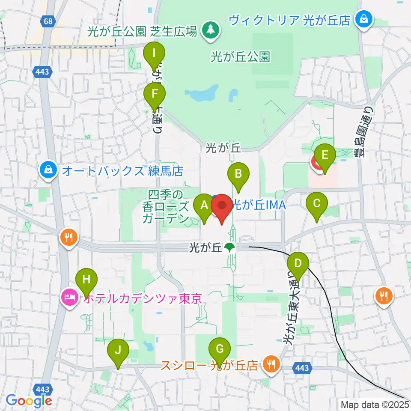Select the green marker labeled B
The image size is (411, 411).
[238, 174]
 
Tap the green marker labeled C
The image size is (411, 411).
[317, 203]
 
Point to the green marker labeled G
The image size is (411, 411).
[220, 349]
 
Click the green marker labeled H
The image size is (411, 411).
[86, 281]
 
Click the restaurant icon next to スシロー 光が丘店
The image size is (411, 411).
[271, 364]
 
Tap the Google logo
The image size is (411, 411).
[28, 401]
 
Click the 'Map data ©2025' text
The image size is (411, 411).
[374, 404]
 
